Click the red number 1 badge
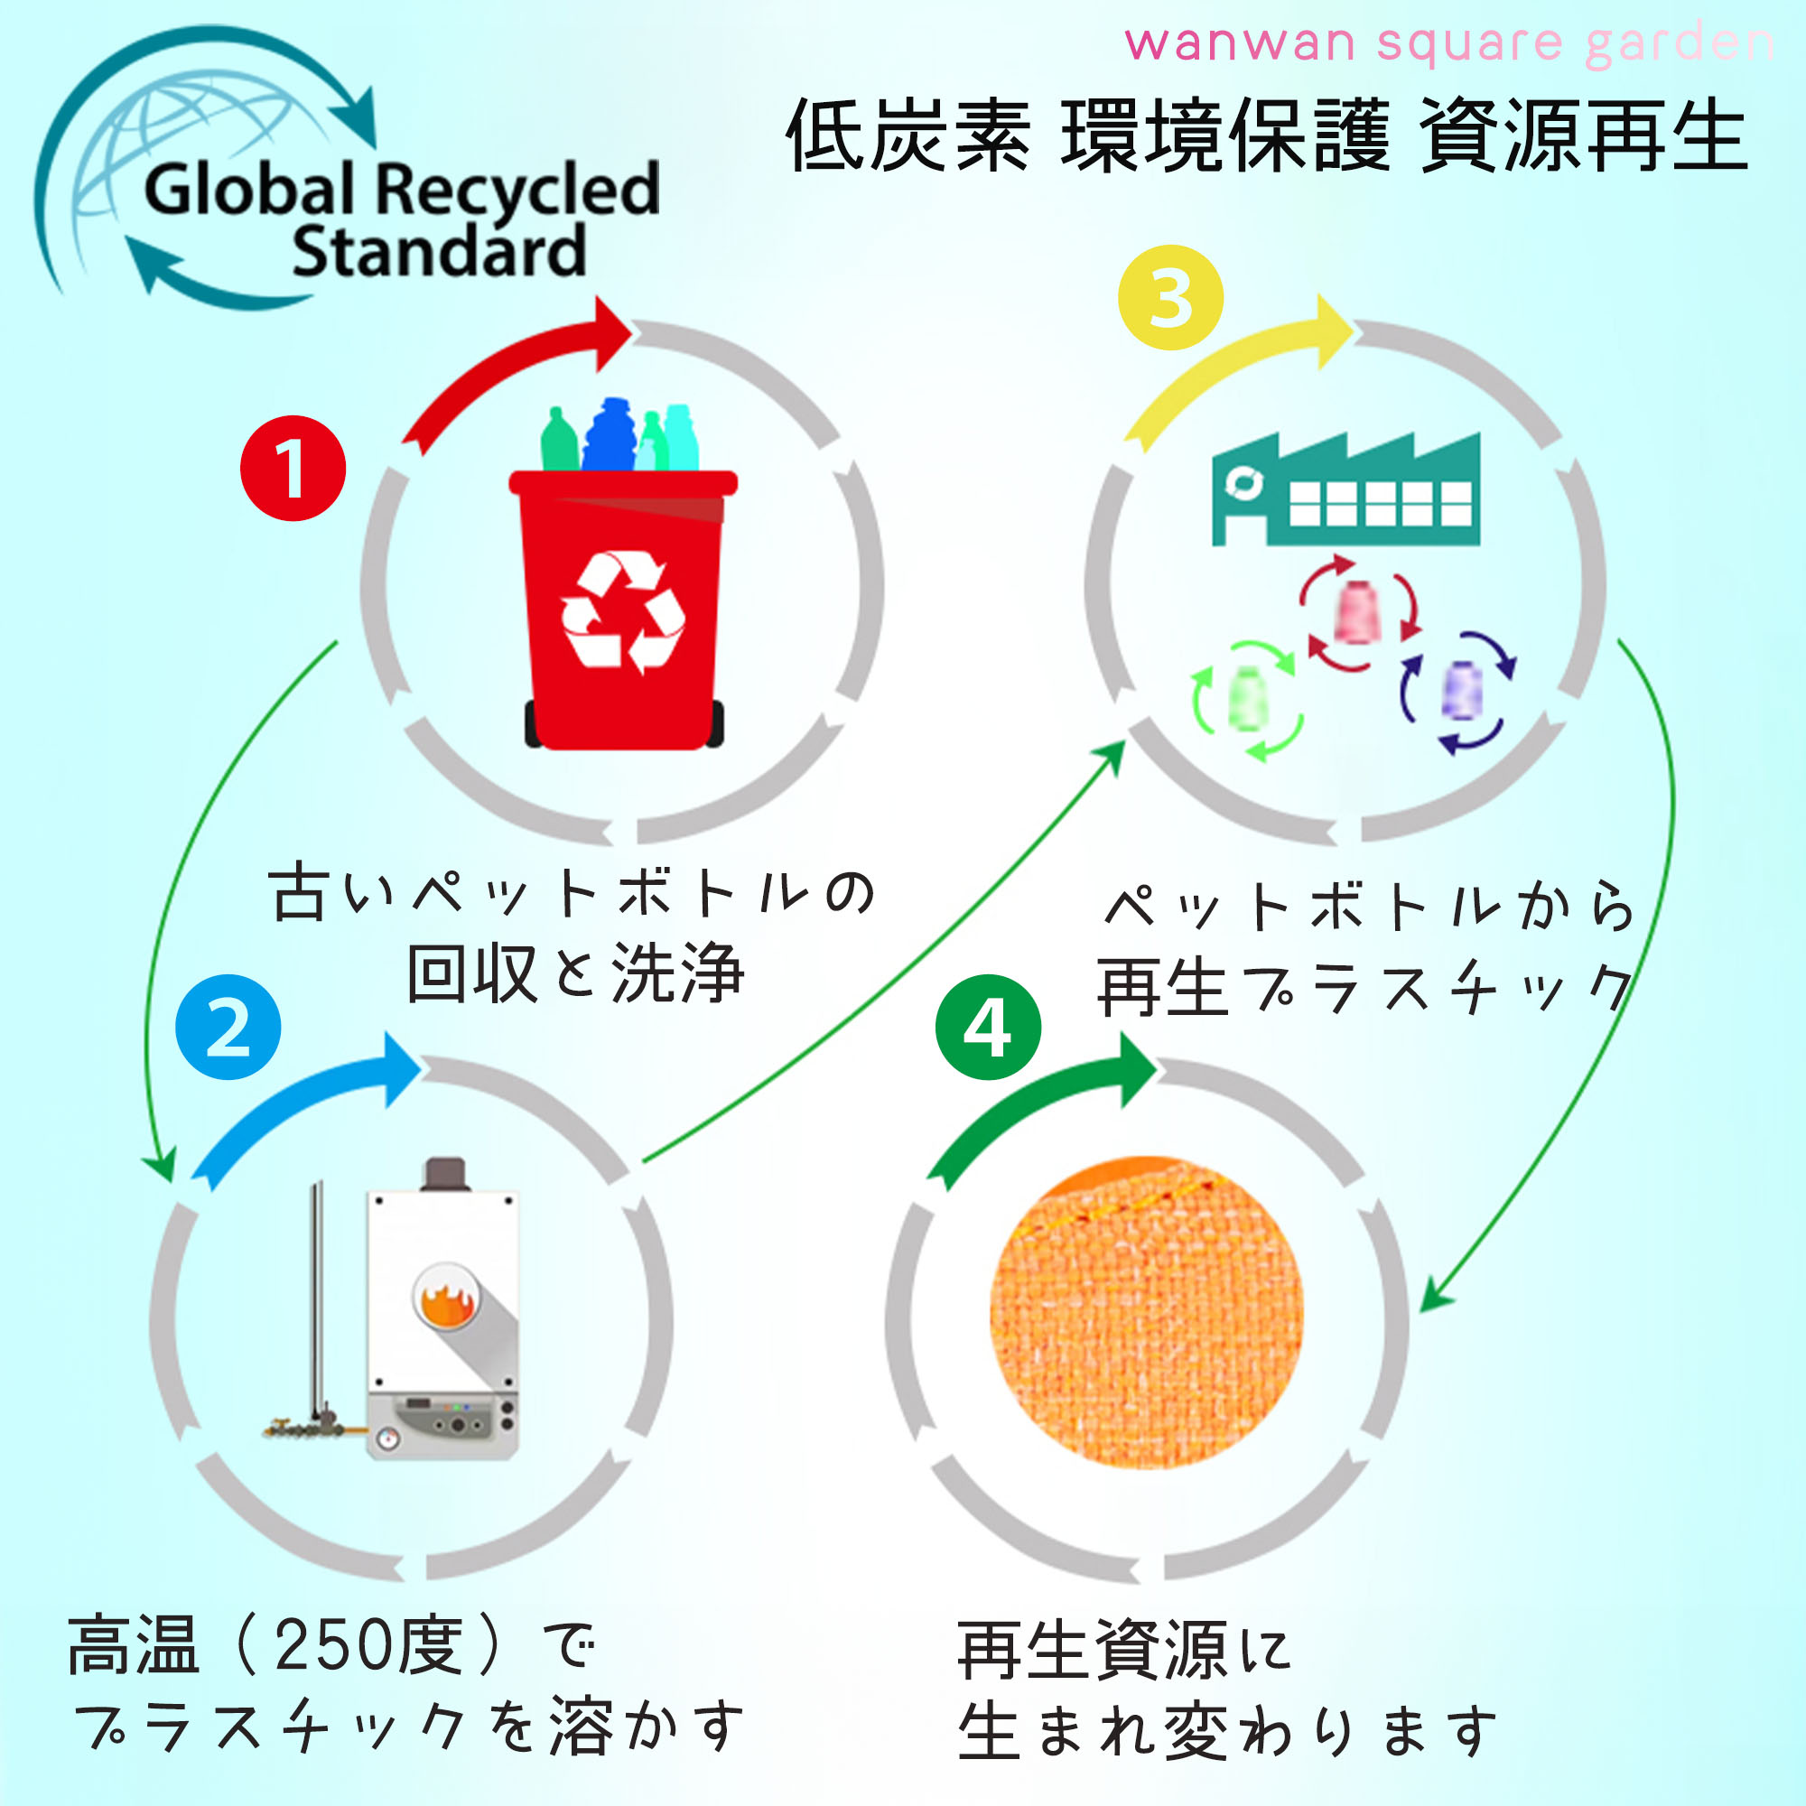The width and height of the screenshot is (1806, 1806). (x=293, y=468)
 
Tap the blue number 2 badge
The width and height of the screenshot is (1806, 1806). (x=228, y=1028)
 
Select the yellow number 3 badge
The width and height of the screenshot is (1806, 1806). (x=1170, y=297)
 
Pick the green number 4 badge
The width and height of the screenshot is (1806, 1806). (x=988, y=1028)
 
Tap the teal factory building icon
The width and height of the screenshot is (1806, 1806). (x=1346, y=489)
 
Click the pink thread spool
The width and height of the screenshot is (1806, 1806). (x=1357, y=612)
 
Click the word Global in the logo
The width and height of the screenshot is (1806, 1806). (x=249, y=189)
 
